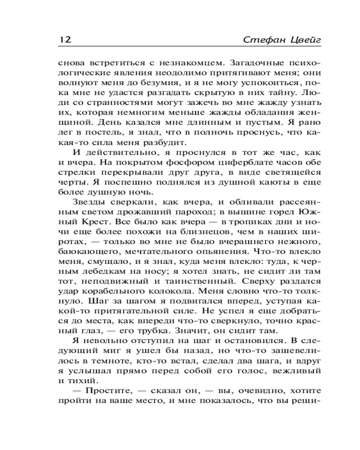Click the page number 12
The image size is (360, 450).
(65, 40)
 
